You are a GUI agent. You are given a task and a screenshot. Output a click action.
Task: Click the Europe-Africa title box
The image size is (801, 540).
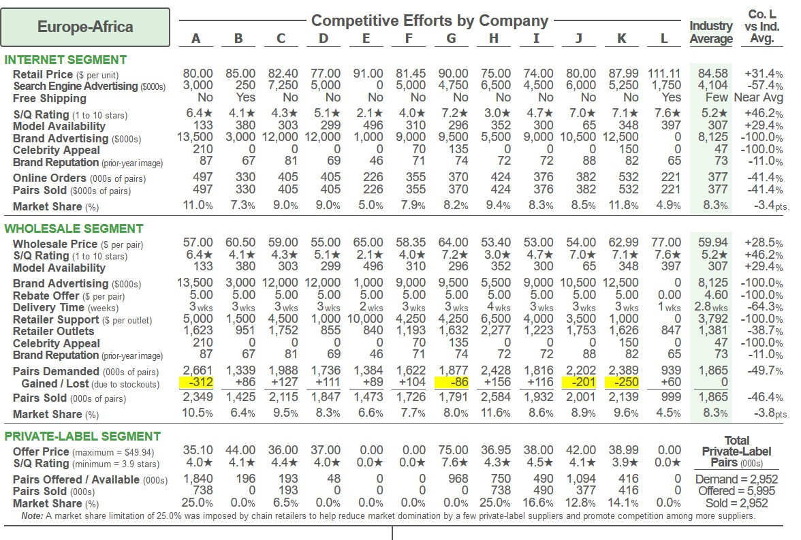(85, 27)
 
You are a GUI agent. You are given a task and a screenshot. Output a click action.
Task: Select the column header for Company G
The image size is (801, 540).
(452, 39)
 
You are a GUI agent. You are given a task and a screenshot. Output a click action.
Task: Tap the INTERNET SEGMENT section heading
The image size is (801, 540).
(65, 59)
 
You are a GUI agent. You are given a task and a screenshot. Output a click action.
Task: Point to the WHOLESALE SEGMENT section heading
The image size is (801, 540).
(74, 229)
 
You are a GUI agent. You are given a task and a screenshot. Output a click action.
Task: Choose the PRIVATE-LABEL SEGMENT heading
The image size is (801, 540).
(82, 436)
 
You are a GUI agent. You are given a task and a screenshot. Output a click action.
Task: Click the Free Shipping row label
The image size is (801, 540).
(50, 98)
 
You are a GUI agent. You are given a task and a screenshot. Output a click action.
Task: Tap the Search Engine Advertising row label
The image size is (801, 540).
(75, 86)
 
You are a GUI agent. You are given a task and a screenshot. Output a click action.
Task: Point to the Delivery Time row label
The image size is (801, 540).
(50, 308)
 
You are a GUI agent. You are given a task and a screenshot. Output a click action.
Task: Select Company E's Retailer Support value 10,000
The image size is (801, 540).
(367, 320)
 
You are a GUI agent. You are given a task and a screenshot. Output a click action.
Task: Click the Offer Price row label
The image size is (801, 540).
(42, 451)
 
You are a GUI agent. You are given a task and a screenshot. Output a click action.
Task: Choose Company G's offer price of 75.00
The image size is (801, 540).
(453, 451)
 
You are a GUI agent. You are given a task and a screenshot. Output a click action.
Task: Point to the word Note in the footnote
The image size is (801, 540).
(31, 516)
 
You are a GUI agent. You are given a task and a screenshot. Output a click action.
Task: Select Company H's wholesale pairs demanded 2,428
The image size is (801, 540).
(495, 371)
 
